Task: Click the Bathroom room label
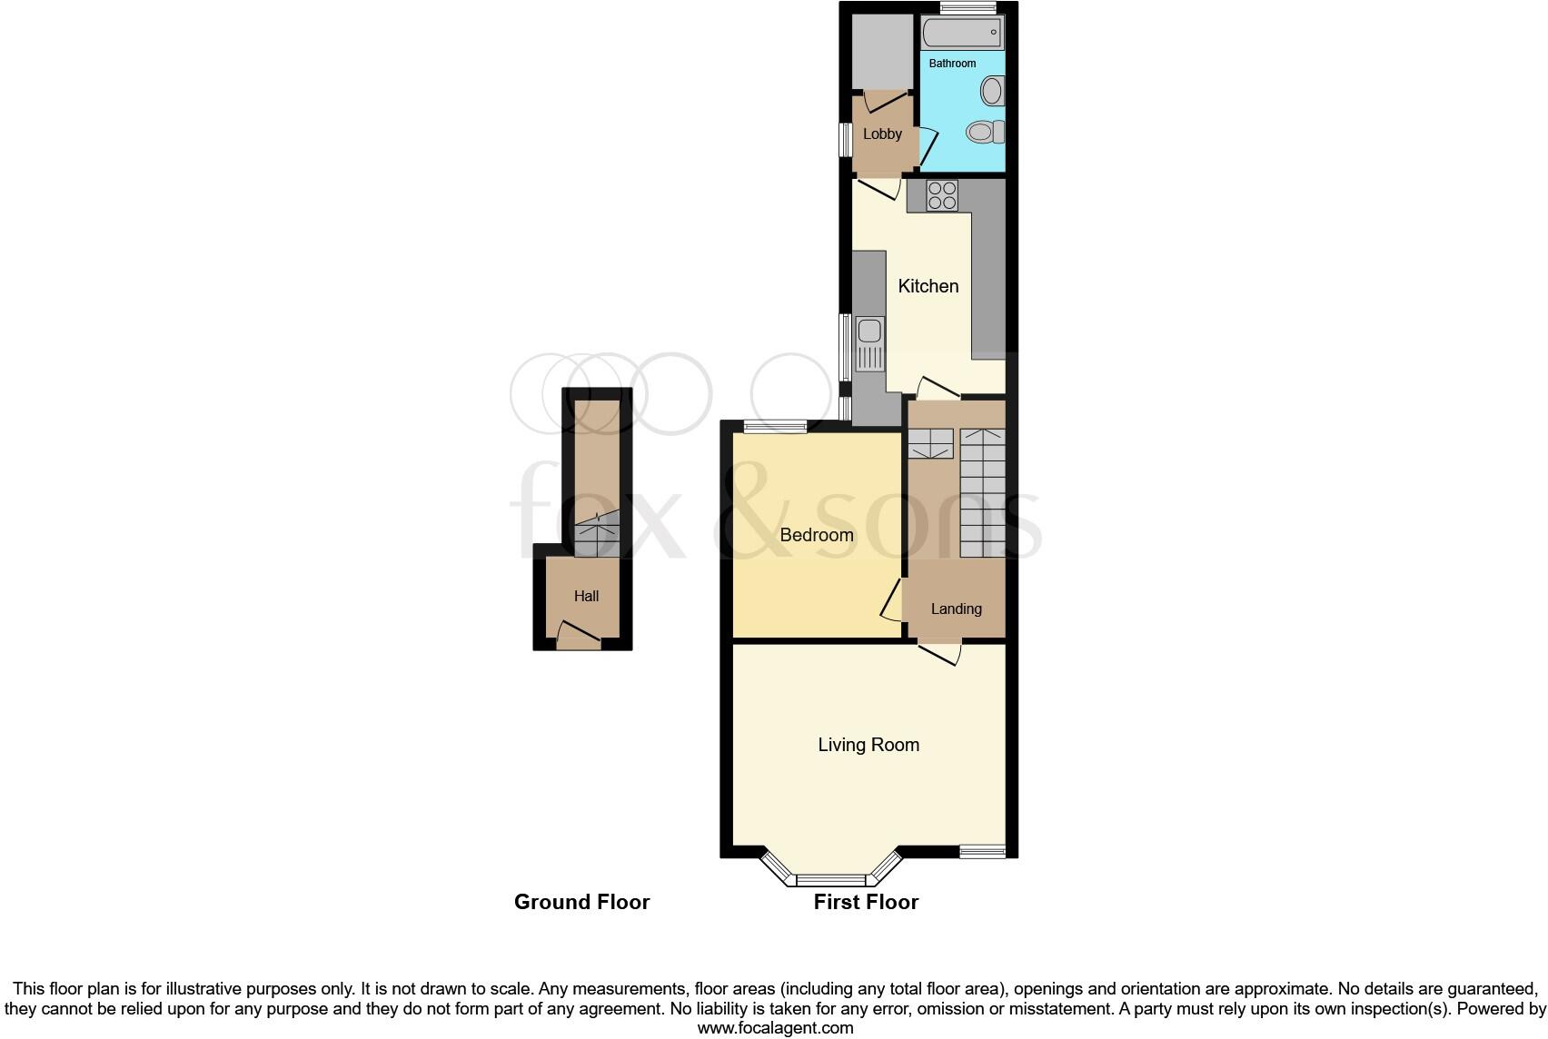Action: (x=952, y=64)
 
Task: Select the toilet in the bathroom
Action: (x=985, y=133)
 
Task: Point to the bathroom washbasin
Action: (x=993, y=91)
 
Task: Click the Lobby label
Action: (x=882, y=134)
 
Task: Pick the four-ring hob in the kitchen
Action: (x=942, y=195)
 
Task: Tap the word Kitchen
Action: (x=928, y=286)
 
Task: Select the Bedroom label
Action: (x=817, y=535)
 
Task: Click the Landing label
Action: (x=956, y=609)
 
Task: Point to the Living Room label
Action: (x=868, y=745)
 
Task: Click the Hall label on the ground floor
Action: (x=586, y=597)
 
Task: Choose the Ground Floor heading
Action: (x=581, y=902)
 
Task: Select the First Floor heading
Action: (x=866, y=902)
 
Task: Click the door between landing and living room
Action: (x=940, y=653)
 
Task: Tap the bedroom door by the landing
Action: (x=891, y=600)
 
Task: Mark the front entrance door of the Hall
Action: (x=578, y=635)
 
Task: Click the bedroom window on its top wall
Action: (x=775, y=426)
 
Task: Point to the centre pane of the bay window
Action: (x=832, y=879)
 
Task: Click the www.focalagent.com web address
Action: (x=775, y=1028)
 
